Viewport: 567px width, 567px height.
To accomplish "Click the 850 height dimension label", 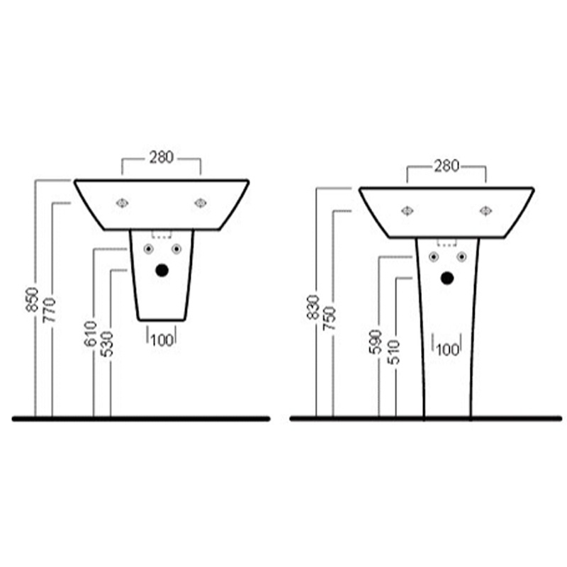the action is pyautogui.click(x=33, y=299).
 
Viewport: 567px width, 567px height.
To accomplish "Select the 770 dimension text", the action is pyautogui.click(x=49, y=310).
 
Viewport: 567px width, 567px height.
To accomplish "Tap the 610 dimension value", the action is pyautogui.click(x=91, y=333).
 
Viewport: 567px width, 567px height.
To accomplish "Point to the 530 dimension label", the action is pyautogui.click(x=107, y=344).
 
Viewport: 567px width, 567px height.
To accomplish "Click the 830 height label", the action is pyautogui.click(x=313, y=308).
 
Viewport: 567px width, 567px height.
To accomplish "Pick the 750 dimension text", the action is pyautogui.click(x=330, y=318).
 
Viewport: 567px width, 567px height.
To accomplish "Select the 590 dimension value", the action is pyautogui.click(x=376, y=342).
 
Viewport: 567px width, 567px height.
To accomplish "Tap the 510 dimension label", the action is pyautogui.click(x=393, y=352).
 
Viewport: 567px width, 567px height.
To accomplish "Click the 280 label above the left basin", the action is pyautogui.click(x=162, y=157).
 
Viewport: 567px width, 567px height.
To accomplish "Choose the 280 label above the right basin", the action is pyautogui.click(x=447, y=166).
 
